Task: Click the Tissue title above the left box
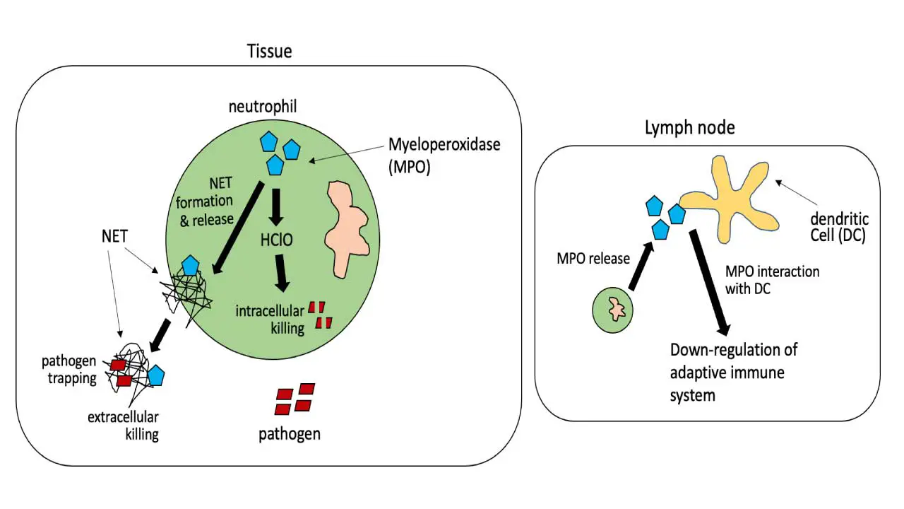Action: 269,51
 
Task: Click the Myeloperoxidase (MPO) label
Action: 444,153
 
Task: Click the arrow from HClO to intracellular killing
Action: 282,272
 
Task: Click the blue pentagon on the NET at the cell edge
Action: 190,266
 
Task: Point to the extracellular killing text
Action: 123,424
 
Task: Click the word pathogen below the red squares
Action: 290,433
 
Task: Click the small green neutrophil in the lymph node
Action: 612,309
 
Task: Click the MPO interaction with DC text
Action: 773,279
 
